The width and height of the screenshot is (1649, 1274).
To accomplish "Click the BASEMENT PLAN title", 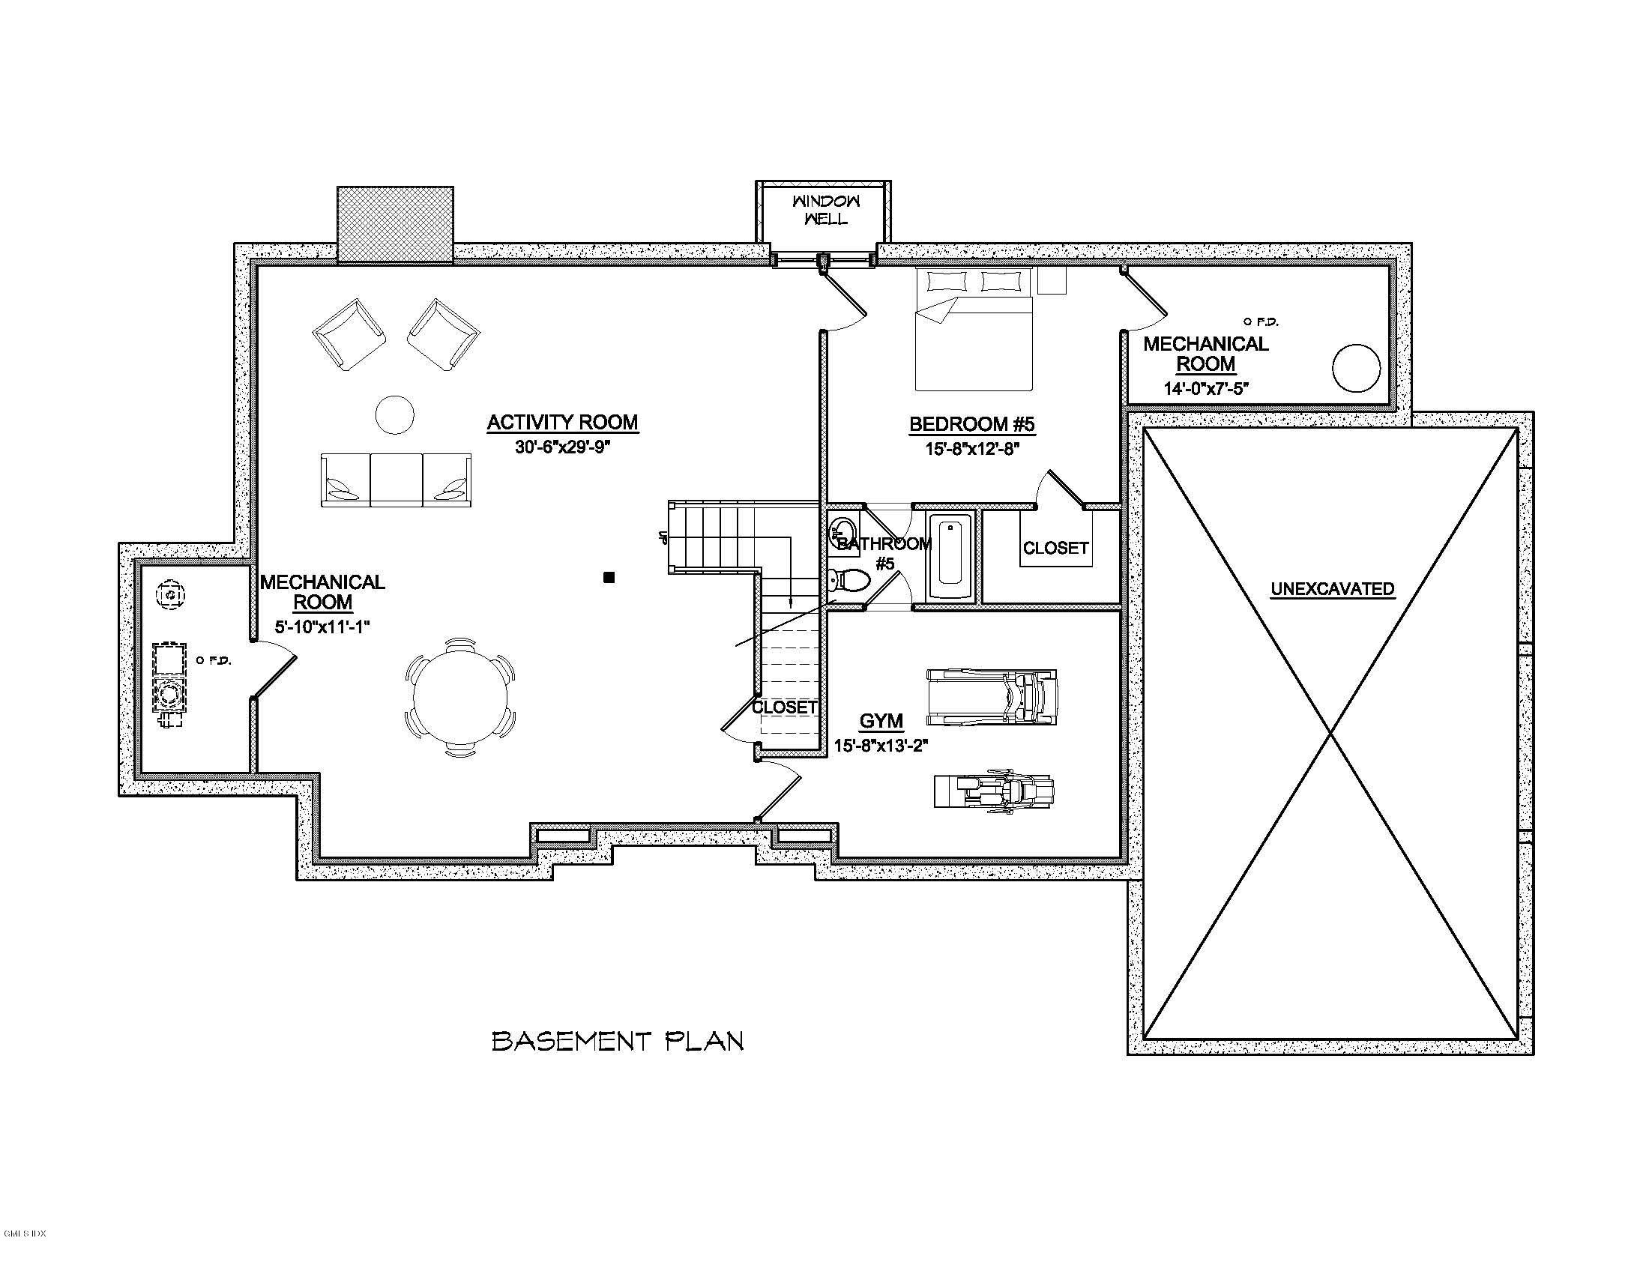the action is tap(618, 1042).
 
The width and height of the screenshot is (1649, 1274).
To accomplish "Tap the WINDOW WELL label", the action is tap(826, 210).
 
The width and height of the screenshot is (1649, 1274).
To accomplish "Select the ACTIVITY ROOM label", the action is tap(561, 423).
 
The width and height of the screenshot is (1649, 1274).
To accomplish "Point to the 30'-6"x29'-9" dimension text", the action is tap(561, 447).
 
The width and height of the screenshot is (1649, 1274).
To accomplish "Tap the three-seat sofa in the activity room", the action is tap(397, 480).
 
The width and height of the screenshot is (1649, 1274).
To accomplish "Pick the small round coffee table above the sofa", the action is tap(395, 414).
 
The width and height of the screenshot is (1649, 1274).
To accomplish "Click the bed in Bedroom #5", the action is tap(973, 329).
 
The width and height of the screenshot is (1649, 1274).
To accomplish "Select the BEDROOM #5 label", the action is tap(971, 424).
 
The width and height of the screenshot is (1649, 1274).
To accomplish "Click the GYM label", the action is tap(881, 721).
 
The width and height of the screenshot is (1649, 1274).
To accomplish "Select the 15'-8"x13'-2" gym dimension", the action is tap(881, 746).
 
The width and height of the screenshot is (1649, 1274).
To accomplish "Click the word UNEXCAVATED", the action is tap(1333, 589).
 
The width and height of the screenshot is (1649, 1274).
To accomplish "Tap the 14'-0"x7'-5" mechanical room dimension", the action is tap(1206, 389).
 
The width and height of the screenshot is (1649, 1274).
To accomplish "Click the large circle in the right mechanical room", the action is tap(1356, 368).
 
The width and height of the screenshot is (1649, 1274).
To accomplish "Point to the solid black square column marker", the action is tap(609, 577).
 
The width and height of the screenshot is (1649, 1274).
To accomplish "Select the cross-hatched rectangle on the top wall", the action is tap(395, 225).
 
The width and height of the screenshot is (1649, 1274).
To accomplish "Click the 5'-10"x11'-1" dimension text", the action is tap(322, 627).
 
